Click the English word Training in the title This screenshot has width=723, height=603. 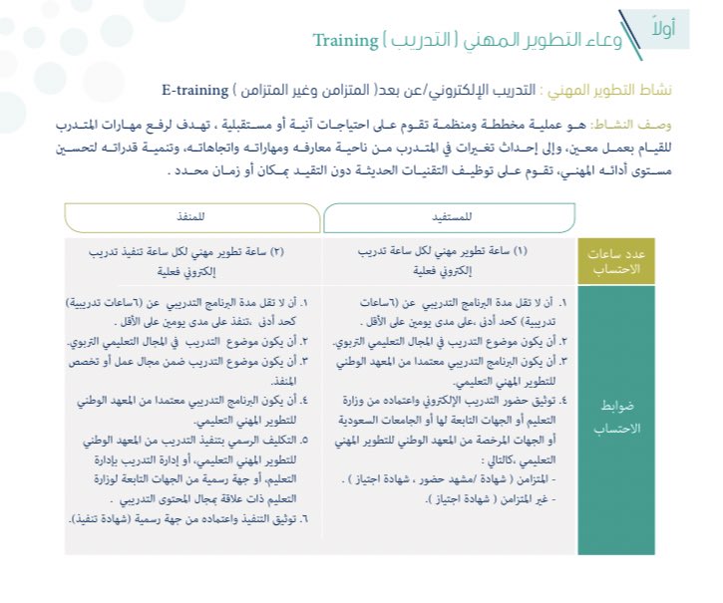tap(345, 41)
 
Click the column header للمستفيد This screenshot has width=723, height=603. tap(449, 215)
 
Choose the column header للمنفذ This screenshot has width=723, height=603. tap(190, 215)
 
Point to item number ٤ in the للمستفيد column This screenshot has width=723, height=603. tap(563, 400)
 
